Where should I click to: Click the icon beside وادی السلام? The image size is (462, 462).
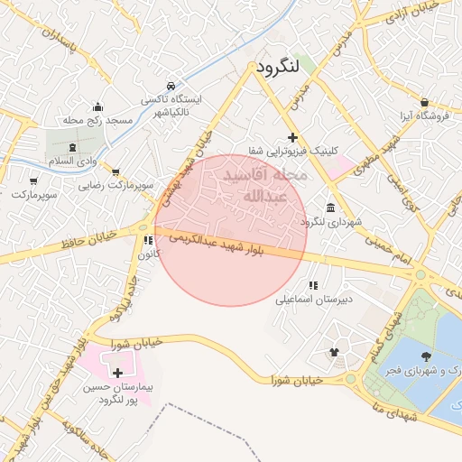(73, 145)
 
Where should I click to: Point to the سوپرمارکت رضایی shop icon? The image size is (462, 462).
(115, 171)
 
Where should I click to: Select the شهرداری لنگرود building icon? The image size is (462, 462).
(331, 207)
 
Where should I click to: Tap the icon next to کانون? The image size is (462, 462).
(146, 240)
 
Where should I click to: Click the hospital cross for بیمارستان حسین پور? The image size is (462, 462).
(117, 372)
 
